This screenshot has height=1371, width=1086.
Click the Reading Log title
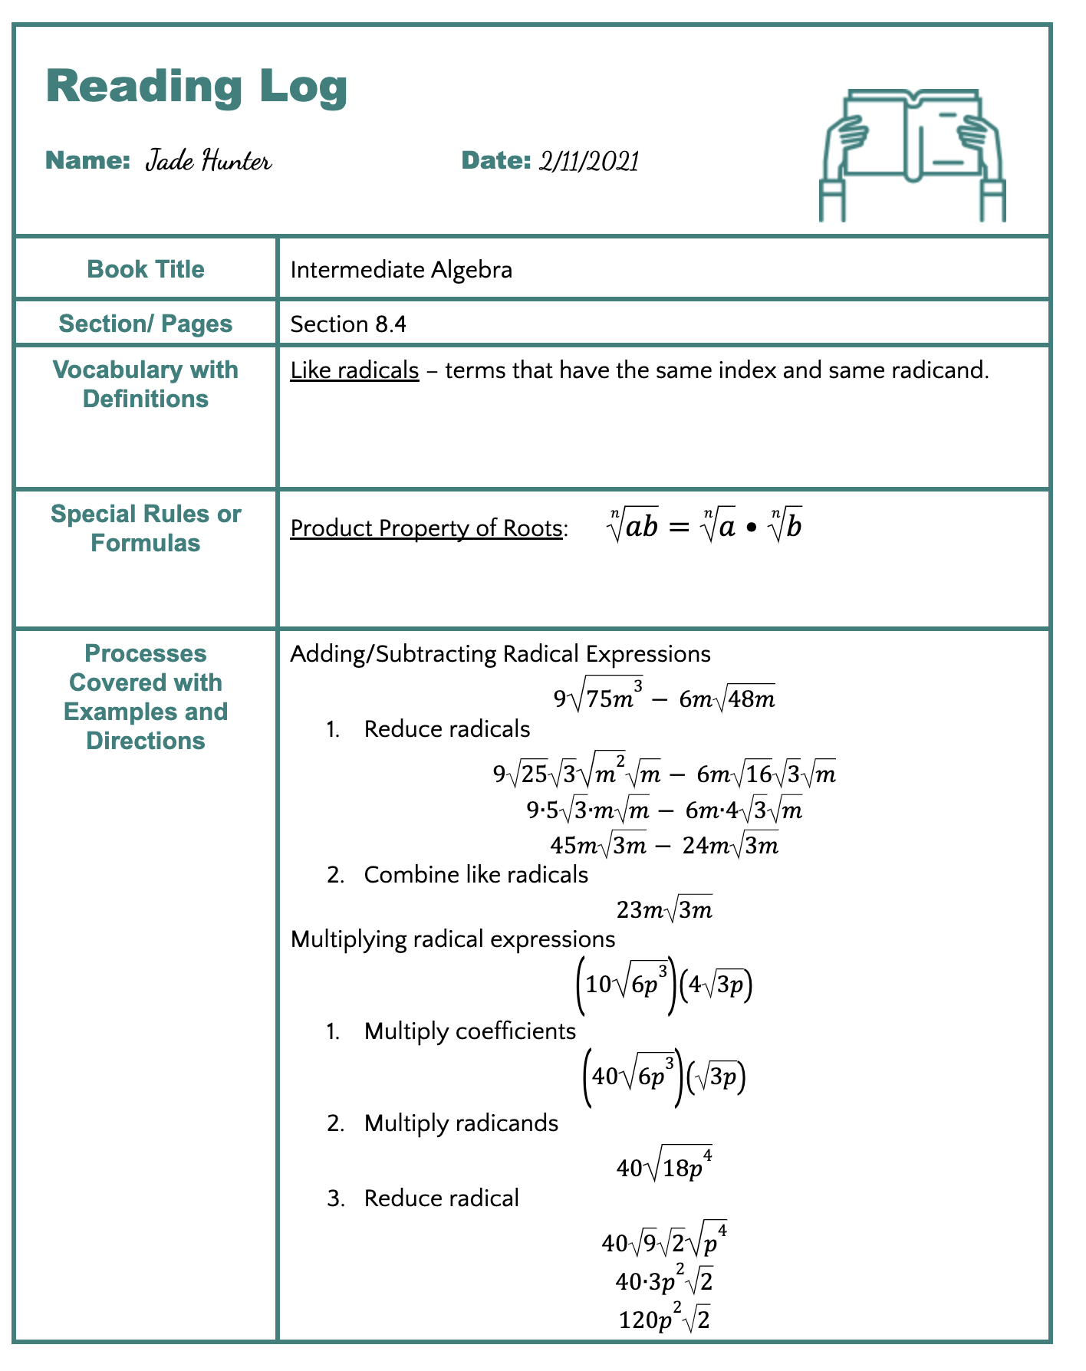(x=196, y=87)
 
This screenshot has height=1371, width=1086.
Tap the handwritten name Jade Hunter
(x=208, y=161)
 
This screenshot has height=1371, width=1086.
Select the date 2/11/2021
(x=588, y=161)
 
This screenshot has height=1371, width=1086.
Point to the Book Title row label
(x=146, y=269)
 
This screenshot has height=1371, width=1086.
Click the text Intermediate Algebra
(x=401, y=270)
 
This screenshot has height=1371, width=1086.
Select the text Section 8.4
(x=348, y=324)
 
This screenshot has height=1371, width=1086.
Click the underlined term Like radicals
(x=354, y=371)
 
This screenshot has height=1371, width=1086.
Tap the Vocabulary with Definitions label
(x=146, y=384)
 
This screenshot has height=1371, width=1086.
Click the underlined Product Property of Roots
(x=426, y=528)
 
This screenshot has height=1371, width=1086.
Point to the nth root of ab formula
(x=704, y=526)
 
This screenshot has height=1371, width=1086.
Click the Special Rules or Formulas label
(x=146, y=528)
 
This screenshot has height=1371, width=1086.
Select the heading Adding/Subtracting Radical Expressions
(x=500, y=654)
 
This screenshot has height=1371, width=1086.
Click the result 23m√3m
(x=664, y=910)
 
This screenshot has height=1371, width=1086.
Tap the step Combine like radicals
(x=476, y=875)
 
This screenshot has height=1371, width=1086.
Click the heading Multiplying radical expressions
(x=452, y=939)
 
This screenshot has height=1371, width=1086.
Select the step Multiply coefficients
(x=469, y=1031)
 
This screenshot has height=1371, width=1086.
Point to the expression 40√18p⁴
(x=664, y=1167)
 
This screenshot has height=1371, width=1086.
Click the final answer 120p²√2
(x=664, y=1320)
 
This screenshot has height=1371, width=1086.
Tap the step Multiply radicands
(x=461, y=1123)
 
